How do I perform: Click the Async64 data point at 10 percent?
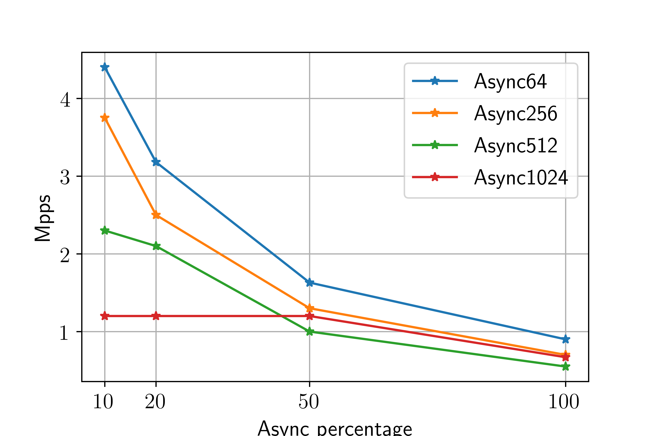(x=105, y=67)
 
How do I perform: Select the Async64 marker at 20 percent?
(x=156, y=162)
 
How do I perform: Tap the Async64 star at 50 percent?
(x=309, y=283)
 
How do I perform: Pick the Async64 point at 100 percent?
(x=565, y=339)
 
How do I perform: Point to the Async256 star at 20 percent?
(x=156, y=215)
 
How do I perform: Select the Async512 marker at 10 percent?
(x=105, y=231)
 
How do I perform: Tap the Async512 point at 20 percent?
(x=156, y=246)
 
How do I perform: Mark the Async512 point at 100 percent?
(x=565, y=366)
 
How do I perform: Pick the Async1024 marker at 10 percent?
(x=105, y=316)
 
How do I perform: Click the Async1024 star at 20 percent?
(x=156, y=316)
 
